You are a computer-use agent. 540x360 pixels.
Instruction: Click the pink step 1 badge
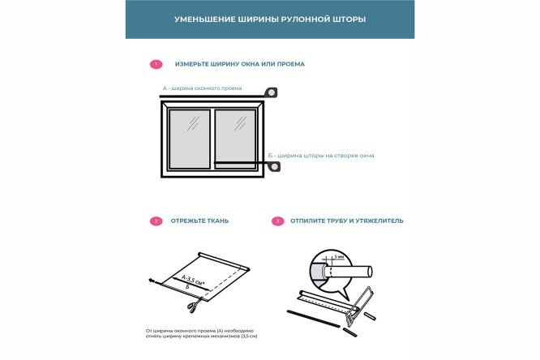156,64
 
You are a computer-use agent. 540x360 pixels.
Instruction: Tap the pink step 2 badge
156,221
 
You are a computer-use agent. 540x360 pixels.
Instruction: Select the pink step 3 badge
278,221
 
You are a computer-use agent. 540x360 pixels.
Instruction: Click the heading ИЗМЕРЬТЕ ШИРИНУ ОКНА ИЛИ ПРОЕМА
239,64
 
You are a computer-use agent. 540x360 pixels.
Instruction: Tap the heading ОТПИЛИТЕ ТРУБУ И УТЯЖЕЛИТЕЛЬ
347,221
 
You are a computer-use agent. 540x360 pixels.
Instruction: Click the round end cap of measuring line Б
275,167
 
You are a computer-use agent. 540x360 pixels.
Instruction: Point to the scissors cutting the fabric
191,306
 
